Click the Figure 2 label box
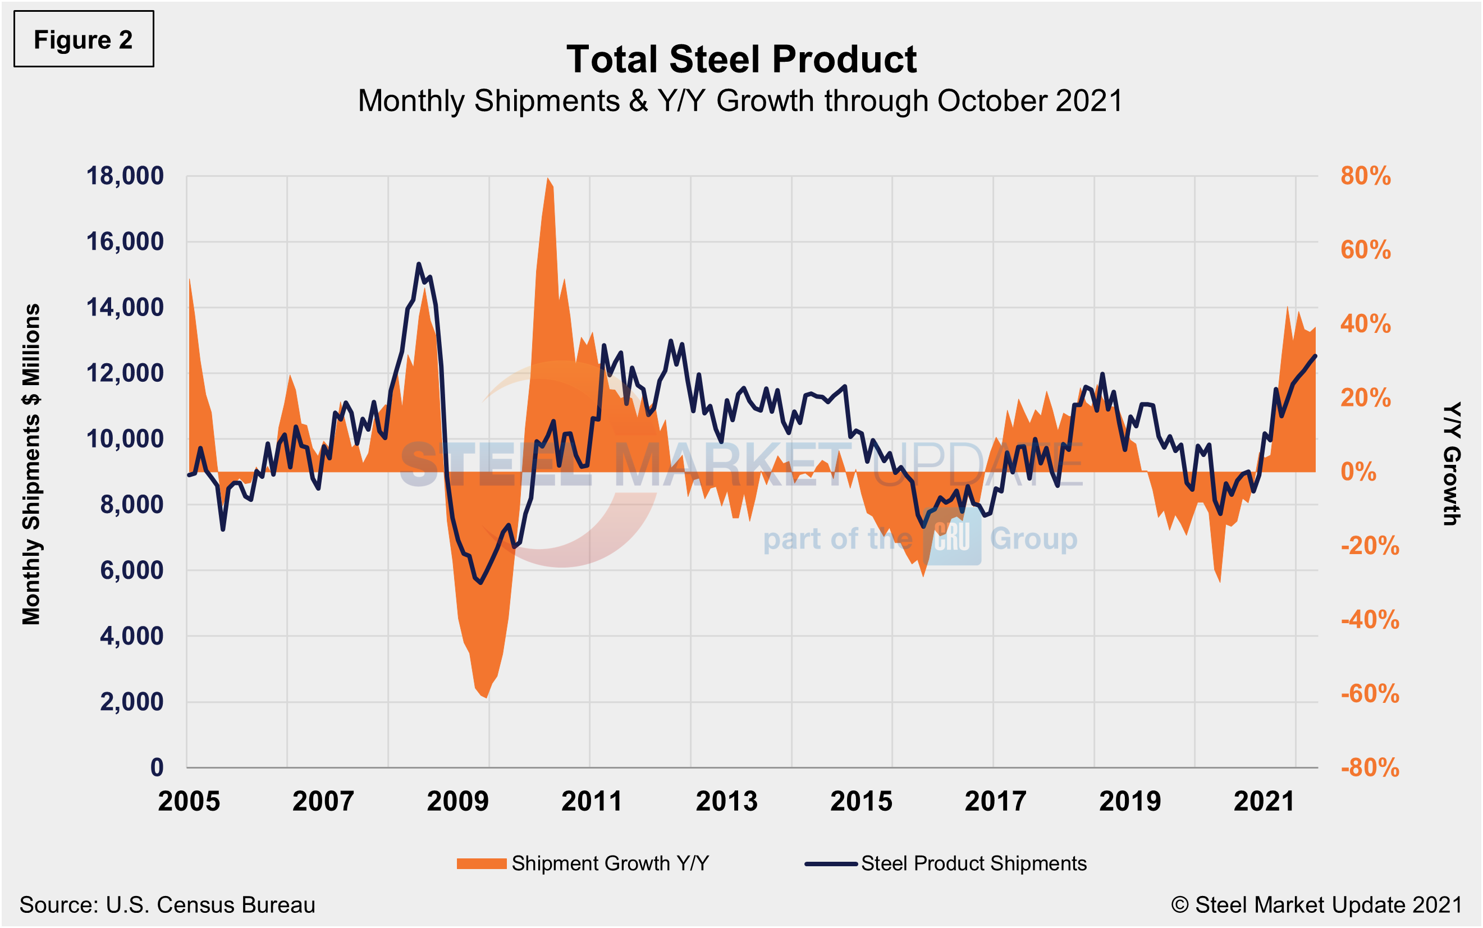[x=84, y=39]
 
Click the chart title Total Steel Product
[x=740, y=60]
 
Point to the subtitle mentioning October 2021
[x=740, y=100]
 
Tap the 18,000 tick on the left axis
[x=125, y=176]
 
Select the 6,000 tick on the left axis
[x=131, y=570]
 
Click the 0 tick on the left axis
[x=157, y=767]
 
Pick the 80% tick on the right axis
[x=1365, y=176]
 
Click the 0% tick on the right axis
[x=1358, y=472]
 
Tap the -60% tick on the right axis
[x=1370, y=694]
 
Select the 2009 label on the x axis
[x=457, y=802]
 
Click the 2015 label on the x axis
[x=861, y=802]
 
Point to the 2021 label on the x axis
[x=1264, y=802]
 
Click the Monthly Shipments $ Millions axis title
[x=31, y=464]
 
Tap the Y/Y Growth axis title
[x=1451, y=464]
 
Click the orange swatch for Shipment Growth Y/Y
[x=481, y=863]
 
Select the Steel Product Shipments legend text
[x=973, y=863]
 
